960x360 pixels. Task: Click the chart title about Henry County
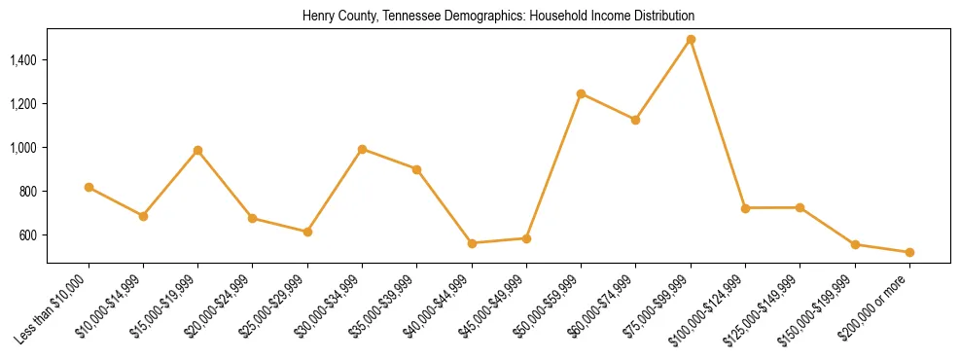click(498, 17)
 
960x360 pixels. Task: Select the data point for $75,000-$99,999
click(691, 40)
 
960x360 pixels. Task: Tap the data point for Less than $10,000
click(89, 187)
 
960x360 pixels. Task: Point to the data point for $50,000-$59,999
click(581, 93)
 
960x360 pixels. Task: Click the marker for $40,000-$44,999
click(472, 243)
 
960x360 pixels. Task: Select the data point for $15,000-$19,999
click(197, 150)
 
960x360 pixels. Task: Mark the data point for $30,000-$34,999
click(362, 149)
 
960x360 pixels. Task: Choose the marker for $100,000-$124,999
click(745, 208)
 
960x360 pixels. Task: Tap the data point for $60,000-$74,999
click(635, 120)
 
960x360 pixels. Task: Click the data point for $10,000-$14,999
click(143, 216)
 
